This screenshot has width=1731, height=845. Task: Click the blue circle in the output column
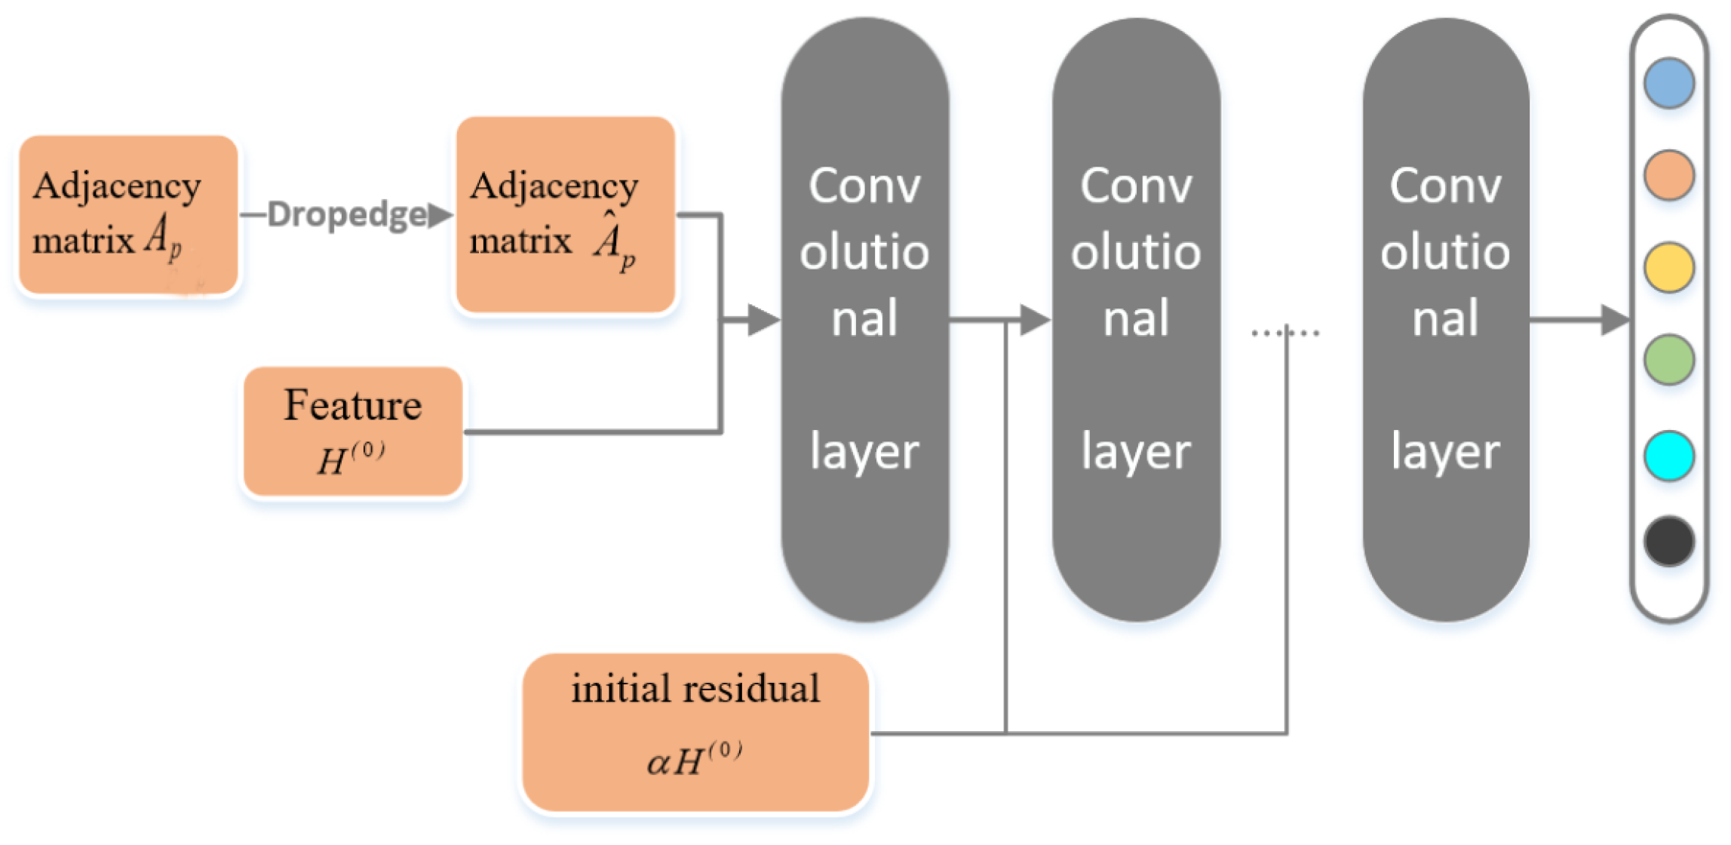(1668, 83)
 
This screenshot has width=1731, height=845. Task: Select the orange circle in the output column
(1668, 175)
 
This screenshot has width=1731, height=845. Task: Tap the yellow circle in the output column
(1668, 267)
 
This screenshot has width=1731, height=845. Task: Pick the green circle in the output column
(1668, 359)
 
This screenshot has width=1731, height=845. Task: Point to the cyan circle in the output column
(1668, 456)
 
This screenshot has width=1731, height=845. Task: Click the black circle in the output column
(1668, 541)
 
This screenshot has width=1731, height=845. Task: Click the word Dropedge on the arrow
(347, 215)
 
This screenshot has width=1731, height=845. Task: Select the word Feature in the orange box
(352, 406)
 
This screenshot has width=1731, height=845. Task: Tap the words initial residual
(695, 689)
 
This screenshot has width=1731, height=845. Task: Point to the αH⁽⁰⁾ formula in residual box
(695, 760)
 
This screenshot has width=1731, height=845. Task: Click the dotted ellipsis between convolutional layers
(1285, 332)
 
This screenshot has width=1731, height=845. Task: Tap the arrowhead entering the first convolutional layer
(763, 320)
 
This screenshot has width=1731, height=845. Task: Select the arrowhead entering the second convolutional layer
(1034, 320)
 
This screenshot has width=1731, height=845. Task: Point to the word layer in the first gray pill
(864, 451)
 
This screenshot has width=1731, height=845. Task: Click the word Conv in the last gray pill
(1445, 186)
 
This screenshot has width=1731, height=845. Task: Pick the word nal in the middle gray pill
(1136, 318)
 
